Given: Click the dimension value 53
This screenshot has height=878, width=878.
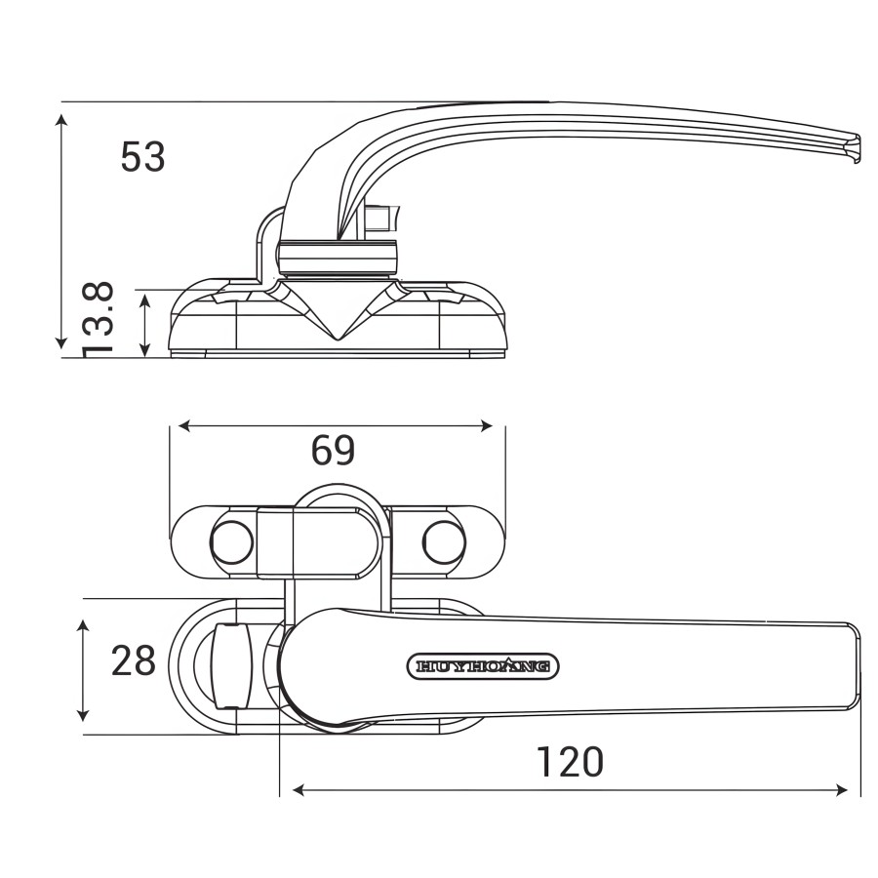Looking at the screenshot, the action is pos(142,156).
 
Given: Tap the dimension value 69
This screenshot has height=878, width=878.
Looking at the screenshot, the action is pos(333,450).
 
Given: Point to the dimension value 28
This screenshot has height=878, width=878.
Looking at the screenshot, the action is pos(134,660).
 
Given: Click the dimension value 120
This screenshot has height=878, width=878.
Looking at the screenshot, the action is pos(570,762).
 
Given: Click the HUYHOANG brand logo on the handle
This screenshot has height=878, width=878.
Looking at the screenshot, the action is pos(482,666).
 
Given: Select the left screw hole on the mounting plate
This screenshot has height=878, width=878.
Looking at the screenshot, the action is pos(232,542).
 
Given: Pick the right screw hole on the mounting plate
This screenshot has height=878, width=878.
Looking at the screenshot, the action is pos(444,542).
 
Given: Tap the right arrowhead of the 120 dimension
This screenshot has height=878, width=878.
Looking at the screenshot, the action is pos(841,790).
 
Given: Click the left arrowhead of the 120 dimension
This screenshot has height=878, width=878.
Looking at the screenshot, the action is pos(299,790).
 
